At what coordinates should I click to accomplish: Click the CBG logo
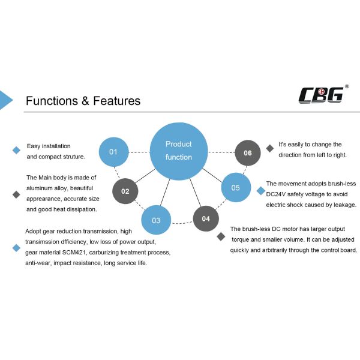point(321,95)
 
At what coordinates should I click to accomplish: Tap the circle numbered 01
point(113,152)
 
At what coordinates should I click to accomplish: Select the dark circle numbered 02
point(125,191)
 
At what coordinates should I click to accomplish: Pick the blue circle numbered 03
point(156,220)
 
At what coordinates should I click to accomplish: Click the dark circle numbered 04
point(206,219)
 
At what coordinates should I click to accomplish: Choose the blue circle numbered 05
point(235,188)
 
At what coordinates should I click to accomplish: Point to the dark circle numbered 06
point(248,153)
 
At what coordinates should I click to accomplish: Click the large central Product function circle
point(179,151)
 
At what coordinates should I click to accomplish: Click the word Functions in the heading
point(50,101)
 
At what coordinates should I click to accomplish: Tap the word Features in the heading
point(116,101)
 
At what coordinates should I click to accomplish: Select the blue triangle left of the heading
point(5,99)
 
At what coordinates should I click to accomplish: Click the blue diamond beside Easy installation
point(16,150)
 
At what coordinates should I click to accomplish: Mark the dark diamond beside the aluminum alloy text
point(16,194)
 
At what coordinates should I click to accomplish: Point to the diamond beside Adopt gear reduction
point(16,247)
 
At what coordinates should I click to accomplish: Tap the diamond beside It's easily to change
point(269,148)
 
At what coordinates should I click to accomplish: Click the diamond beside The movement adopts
point(260,191)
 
